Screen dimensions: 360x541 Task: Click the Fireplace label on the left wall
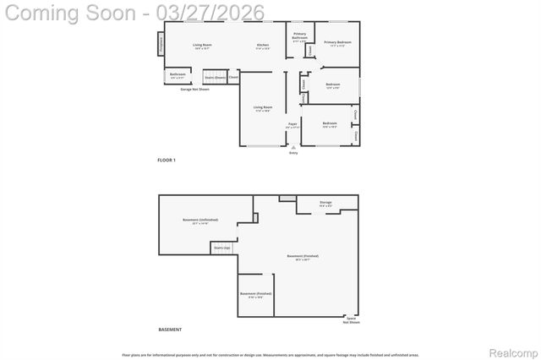161,44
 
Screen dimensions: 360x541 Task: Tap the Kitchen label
263,45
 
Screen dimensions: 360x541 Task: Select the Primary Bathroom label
300,36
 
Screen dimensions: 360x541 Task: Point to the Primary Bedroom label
337,42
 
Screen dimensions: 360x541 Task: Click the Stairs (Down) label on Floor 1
215,78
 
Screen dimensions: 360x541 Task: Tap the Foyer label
292,125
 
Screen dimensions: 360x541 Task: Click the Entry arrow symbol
293,146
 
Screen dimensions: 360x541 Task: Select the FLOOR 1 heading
167,160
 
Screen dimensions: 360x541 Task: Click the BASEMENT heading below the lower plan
170,329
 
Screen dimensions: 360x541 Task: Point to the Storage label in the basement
325,203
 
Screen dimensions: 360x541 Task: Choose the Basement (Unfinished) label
200,221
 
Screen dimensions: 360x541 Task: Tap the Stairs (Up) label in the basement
221,248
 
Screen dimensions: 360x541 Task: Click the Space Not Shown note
351,320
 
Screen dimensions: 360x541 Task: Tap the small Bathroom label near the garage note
178,74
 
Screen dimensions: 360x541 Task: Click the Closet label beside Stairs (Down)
233,78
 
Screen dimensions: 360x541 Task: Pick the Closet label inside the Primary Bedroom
310,51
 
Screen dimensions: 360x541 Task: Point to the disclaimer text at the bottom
270,355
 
